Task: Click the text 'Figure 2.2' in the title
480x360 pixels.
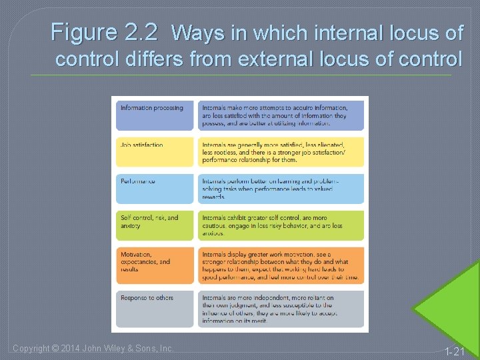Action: point(104,32)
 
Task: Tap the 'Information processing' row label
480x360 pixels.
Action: point(151,108)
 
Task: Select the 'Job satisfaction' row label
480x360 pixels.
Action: point(141,145)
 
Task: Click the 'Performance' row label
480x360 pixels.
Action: point(138,181)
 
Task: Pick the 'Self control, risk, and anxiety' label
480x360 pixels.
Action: point(149,222)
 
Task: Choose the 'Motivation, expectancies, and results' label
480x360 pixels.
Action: point(145,261)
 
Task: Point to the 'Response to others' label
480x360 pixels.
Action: point(147,298)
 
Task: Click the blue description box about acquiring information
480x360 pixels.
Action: point(281,115)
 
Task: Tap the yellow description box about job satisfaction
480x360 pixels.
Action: point(281,152)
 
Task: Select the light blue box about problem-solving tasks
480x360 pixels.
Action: point(281,189)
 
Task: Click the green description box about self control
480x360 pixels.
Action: point(281,225)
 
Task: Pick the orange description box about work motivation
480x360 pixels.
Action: point(281,265)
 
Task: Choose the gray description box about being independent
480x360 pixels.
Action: point(281,309)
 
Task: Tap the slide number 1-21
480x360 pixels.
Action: point(455,351)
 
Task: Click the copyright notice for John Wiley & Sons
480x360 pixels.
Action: point(93,348)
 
